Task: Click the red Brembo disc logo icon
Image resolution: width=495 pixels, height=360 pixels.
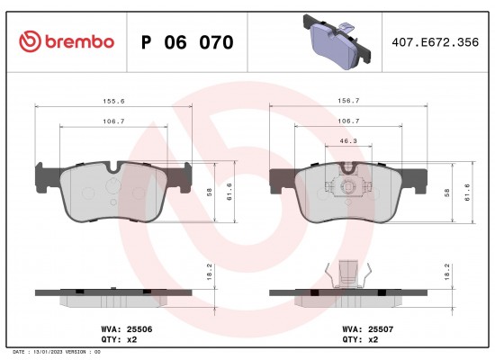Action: coord(30,41)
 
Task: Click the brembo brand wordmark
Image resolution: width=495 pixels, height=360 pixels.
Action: coord(79,41)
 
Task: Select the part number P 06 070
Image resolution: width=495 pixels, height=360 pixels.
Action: coord(187,42)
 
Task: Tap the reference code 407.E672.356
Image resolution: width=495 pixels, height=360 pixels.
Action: coord(435,42)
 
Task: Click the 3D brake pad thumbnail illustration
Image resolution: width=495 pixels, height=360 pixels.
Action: coord(337,41)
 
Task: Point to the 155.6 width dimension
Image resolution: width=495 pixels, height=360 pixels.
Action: coord(113,101)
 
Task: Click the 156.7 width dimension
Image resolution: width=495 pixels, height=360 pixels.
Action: coord(348,101)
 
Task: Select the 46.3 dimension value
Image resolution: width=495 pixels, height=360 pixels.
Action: coord(348,140)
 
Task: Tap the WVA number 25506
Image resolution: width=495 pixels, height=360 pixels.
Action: coord(139,329)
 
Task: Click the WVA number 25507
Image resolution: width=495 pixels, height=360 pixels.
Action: coord(381,329)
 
